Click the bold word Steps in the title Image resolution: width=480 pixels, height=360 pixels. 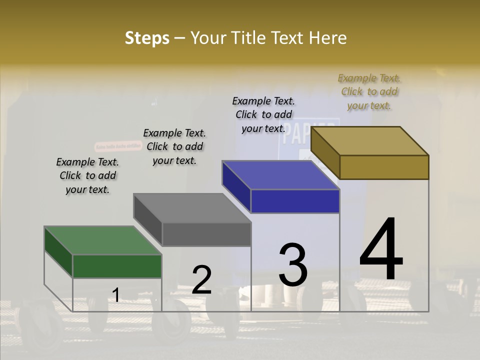(147, 38)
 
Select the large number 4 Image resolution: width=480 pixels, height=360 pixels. (381, 249)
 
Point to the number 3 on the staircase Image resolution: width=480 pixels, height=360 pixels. (293, 264)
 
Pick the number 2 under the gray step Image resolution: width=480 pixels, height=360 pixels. (201, 279)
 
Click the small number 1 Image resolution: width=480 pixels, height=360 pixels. (115, 295)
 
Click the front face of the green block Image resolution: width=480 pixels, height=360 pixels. (117, 266)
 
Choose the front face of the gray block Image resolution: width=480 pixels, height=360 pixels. (206, 234)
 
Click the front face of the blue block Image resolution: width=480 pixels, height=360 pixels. (295, 201)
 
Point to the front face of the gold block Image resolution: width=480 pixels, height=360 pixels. (384, 167)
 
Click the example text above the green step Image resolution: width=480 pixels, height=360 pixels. (87, 175)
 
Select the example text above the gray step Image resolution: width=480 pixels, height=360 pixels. (174, 146)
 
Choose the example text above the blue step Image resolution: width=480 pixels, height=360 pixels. (263, 114)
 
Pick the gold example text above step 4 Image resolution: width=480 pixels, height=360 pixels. (369, 91)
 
